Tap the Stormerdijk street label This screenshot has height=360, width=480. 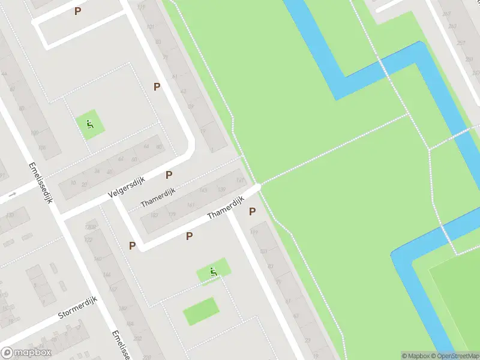[x=77, y=307]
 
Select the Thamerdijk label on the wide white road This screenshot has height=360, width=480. [x=224, y=207]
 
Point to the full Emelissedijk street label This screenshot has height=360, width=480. [x=41, y=182]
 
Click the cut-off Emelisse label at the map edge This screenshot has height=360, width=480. [x=120, y=344]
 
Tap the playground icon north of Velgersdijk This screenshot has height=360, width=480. [x=89, y=125]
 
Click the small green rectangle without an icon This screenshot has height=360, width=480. [x=200, y=311]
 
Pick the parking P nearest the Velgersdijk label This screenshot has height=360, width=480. [x=169, y=175]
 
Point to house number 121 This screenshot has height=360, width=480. [x=240, y=180]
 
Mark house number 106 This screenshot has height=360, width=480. [x=41, y=148]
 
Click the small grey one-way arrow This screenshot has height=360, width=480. [x=11, y=195]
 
